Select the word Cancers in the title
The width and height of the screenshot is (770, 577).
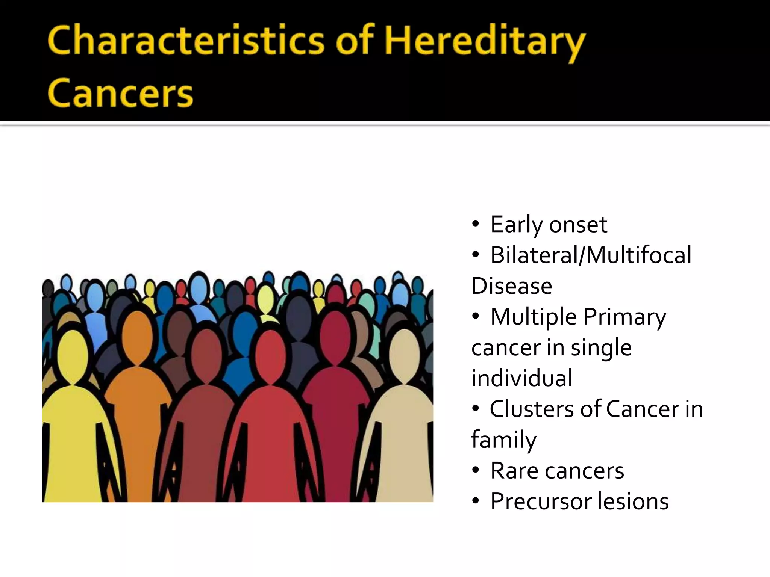pos(120,94)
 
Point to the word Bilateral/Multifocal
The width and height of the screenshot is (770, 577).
pos(591,255)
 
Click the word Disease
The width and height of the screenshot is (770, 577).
pos(512,286)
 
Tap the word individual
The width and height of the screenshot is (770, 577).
pos(522,378)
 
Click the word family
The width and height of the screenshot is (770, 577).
pos(504,440)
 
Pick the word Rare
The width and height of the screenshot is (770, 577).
pos(514,471)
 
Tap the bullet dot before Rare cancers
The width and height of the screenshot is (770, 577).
pos(476,471)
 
